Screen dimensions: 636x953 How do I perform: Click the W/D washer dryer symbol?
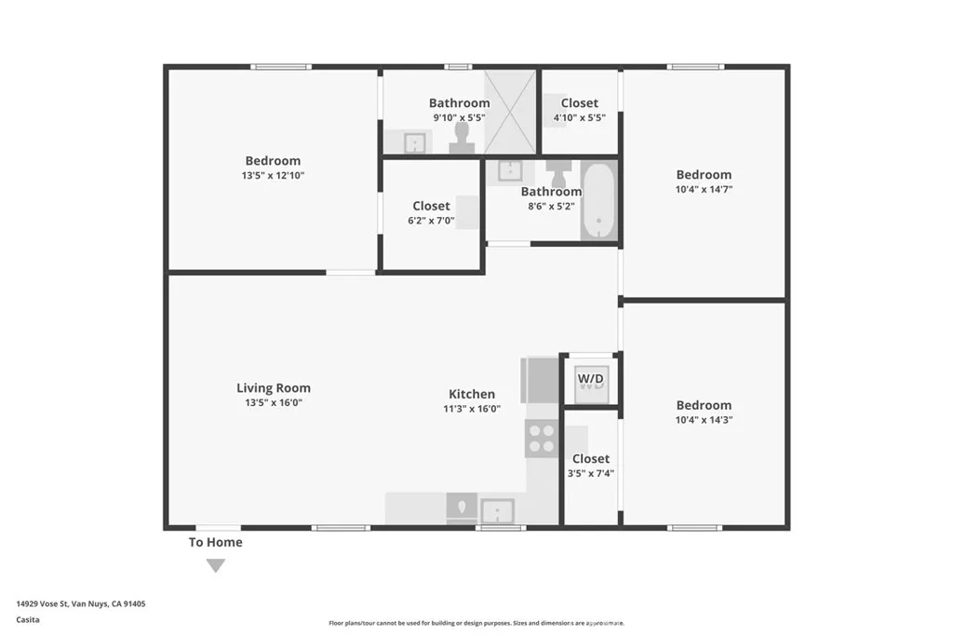(x=591, y=380)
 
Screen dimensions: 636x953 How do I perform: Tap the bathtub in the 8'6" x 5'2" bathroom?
(x=598, y=201)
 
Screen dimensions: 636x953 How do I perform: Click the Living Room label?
(x=273, y=388)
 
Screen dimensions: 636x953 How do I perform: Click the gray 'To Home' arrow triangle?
(x=216, y=565)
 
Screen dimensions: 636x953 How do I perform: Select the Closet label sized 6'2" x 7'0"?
(x=431, y=206)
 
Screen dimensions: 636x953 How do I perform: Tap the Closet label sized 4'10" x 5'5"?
(x=579, y=103)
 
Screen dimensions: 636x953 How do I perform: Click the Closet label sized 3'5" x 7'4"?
(x=591, y=458)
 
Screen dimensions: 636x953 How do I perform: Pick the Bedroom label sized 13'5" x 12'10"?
(x=273, y=161)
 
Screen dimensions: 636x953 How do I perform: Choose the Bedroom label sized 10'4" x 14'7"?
(x=704, y=175)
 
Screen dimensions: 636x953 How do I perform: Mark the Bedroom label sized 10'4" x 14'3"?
(x=704, y=405)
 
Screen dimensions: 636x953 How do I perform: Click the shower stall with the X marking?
(x=510, y=113)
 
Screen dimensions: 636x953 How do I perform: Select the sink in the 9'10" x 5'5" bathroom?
(x=413, y=142)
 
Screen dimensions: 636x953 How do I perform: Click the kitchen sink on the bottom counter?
(x=497, y=510)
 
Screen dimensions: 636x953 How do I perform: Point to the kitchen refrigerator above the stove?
(x=540, y=379)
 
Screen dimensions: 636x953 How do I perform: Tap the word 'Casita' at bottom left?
(x=27, y=619)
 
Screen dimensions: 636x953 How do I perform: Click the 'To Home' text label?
(x=216, y=542)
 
